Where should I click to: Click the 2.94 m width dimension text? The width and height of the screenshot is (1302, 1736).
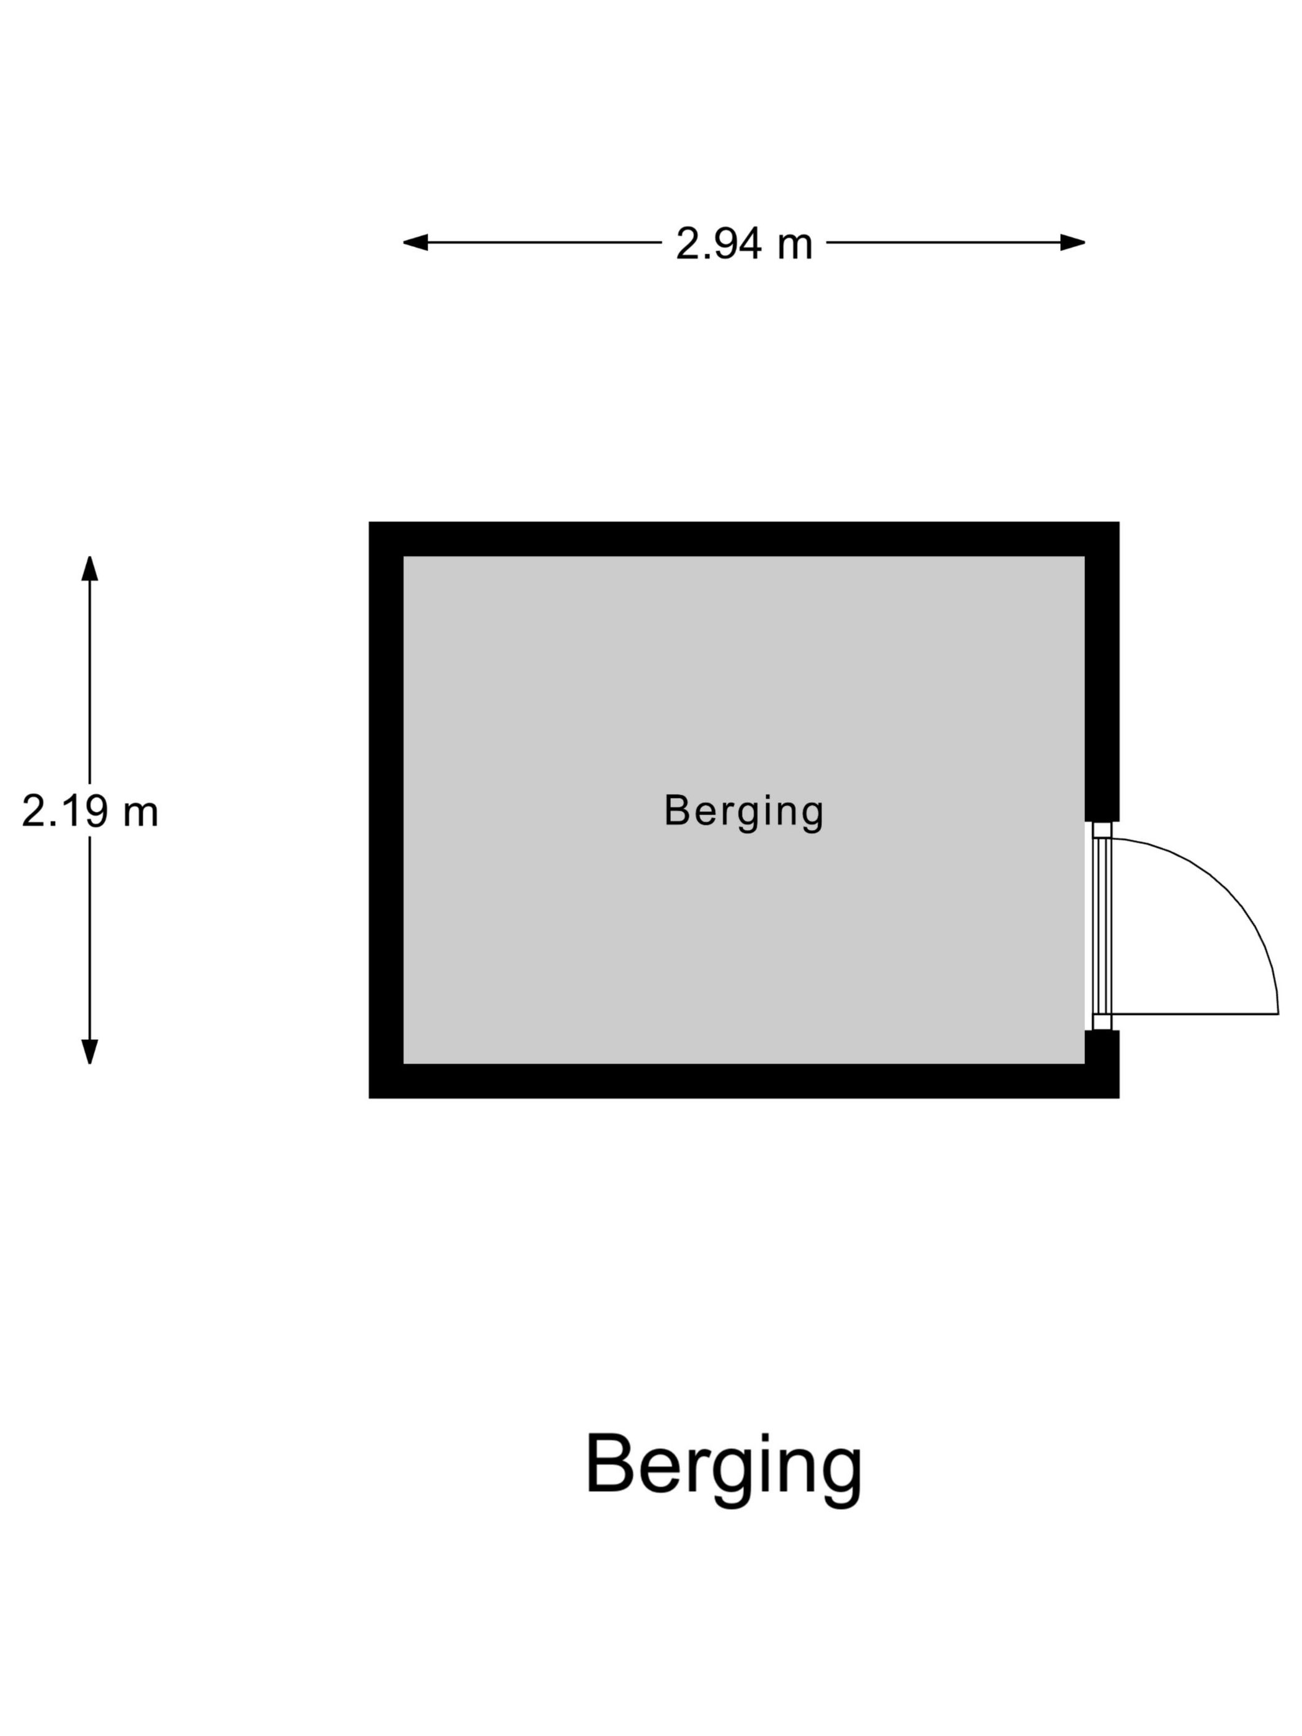tap(744, 242)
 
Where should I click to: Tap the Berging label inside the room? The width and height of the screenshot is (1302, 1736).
tap(743, 812)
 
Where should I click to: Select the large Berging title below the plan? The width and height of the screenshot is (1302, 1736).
tap(724, 1468)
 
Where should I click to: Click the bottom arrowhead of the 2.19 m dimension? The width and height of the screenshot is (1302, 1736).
tap(89, 1052)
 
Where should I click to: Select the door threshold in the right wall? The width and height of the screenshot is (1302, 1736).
tap(1102, 926)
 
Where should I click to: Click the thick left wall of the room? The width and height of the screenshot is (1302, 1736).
tap(386, 810)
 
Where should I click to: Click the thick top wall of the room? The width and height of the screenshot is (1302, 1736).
tap(744, 539)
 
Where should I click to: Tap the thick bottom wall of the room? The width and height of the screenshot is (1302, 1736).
tap(744, 1081)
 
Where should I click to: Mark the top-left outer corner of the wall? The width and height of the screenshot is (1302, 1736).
tap(369, 522)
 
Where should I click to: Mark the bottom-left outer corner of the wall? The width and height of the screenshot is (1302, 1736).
tap(369, 1098)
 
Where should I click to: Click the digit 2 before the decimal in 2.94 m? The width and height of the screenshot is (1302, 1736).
tap(687, 242)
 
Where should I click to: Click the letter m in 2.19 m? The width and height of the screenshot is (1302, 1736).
tap(141, 815)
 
